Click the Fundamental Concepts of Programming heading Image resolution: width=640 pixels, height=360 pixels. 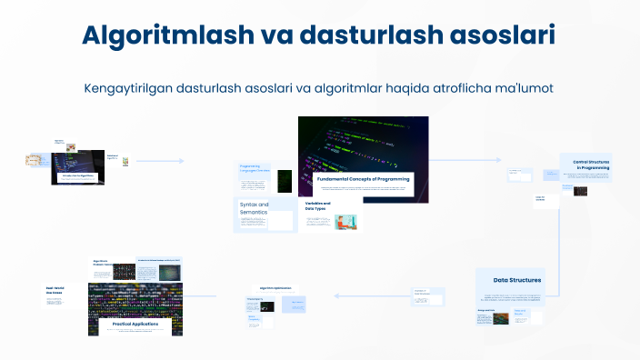[364, 179]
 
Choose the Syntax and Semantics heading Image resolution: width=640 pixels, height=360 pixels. [254, 208]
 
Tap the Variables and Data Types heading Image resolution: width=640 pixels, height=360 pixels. [318, 206]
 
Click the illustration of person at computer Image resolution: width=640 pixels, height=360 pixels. [345, 221]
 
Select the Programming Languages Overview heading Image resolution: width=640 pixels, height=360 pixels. [255, 168]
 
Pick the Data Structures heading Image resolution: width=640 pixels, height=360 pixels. [517, 280]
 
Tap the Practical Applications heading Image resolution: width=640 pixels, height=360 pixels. [135, 324]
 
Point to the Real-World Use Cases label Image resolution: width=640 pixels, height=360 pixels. [57, 292]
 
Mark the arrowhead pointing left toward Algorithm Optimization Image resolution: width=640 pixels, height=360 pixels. [335, 295]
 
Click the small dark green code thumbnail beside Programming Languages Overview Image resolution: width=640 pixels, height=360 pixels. [285, 180]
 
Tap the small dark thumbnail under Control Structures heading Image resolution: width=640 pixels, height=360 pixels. [580, 191]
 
